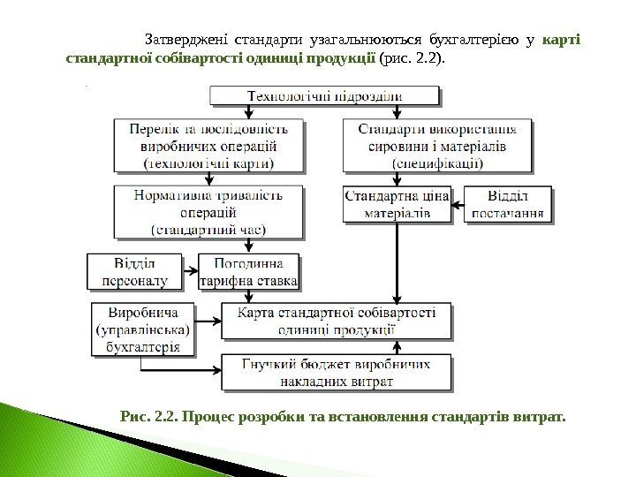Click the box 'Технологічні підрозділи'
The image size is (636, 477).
coord(324,96)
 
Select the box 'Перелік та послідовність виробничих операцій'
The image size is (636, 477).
coord(208,145)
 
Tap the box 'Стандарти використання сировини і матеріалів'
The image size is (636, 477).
coord(438,145)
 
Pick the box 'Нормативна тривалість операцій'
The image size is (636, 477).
coord(208,211)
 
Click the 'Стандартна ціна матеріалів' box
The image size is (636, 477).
coord(397,204)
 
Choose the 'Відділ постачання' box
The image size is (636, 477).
coord(508,204)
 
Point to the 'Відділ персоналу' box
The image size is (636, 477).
coord(133,272)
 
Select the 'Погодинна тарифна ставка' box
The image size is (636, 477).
coord(250,272)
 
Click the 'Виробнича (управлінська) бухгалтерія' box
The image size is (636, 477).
coord(141,329)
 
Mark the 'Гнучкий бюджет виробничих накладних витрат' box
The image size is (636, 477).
coord(337,373)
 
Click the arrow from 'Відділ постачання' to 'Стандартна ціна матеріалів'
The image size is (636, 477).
coord(458,205)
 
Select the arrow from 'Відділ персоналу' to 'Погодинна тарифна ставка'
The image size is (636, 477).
coord(189,272)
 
